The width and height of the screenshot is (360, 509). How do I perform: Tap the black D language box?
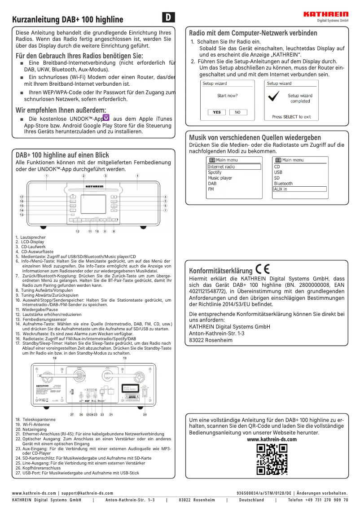click(x=168, y=18)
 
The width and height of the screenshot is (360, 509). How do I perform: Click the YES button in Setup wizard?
click(x=217, y=112)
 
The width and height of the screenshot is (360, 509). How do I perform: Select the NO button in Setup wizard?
click(x=238, y=112)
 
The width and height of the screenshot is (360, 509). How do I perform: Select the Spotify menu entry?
click(x=215, y=172)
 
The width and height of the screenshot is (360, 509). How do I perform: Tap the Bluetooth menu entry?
click(x=283, y=184)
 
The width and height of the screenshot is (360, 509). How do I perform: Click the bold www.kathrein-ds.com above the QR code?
click(x=272, y=439)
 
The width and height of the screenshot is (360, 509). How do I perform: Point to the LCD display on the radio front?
click(x=93, y=204)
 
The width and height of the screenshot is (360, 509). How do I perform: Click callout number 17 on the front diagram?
click(x=22, y=197)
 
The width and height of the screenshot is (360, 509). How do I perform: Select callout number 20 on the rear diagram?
click(x=145, y=414)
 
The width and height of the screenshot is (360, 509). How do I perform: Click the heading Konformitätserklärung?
click(x=220, y=271)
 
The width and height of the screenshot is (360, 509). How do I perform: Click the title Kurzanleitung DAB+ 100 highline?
click(x=67, y=20)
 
